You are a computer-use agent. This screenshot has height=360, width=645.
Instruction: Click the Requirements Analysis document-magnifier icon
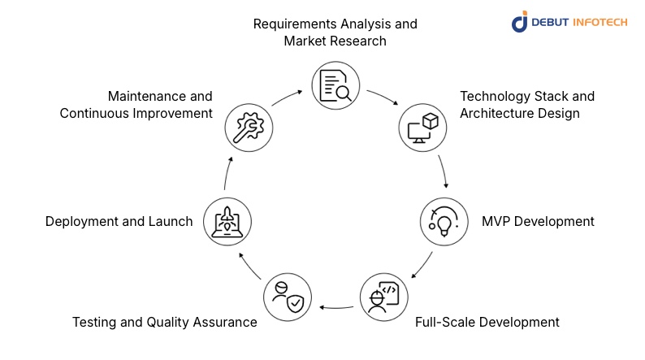335,85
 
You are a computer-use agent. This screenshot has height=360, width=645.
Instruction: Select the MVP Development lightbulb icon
444,221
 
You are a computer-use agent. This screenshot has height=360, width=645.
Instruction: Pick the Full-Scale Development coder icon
385,297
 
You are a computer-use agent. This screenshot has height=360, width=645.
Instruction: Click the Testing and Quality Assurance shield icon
287,297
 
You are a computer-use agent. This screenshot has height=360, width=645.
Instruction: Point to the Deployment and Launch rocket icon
227,221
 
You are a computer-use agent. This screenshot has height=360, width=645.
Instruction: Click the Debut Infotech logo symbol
520,22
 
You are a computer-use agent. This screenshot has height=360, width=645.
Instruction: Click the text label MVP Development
538,221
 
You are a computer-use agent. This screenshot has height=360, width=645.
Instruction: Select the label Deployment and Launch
119,221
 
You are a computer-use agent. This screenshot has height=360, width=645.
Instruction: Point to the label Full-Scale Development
487,322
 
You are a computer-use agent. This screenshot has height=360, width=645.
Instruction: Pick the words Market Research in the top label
335,41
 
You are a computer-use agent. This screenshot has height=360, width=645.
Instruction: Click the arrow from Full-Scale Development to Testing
337,307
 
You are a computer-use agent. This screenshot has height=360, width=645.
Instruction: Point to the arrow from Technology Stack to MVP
444,172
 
